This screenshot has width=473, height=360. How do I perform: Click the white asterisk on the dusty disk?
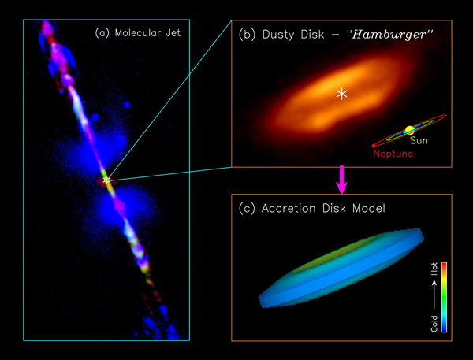(x=341, y=95)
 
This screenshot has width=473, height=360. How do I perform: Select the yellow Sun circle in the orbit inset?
(x=410, y=130)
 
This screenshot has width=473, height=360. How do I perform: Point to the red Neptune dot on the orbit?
(x=374, y=145)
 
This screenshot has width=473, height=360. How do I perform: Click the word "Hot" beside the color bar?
(x=434, y=271)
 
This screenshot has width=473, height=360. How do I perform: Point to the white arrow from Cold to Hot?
(x=434, y=295)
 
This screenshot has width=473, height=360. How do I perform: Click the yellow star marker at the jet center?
(x=107, y=180)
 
